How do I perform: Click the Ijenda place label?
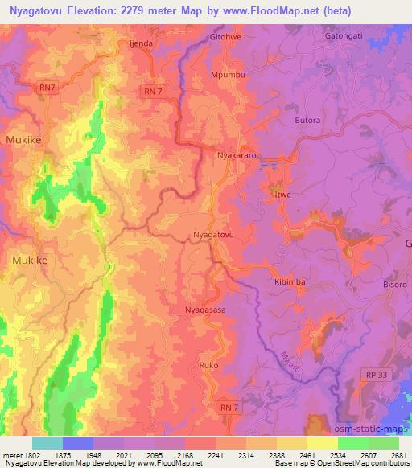pyautogui.click(x=141, y=43)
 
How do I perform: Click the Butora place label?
pyautogui.click(x=307, y=121)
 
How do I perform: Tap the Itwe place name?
pyautogui.click(x=282, y=195)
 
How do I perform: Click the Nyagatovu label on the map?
pyautogui.click(x=214, y=235)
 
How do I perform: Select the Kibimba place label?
pyautogui.click(x=289, y=282)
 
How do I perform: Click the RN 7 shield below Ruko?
pyautogui.click(x=229, y=408)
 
